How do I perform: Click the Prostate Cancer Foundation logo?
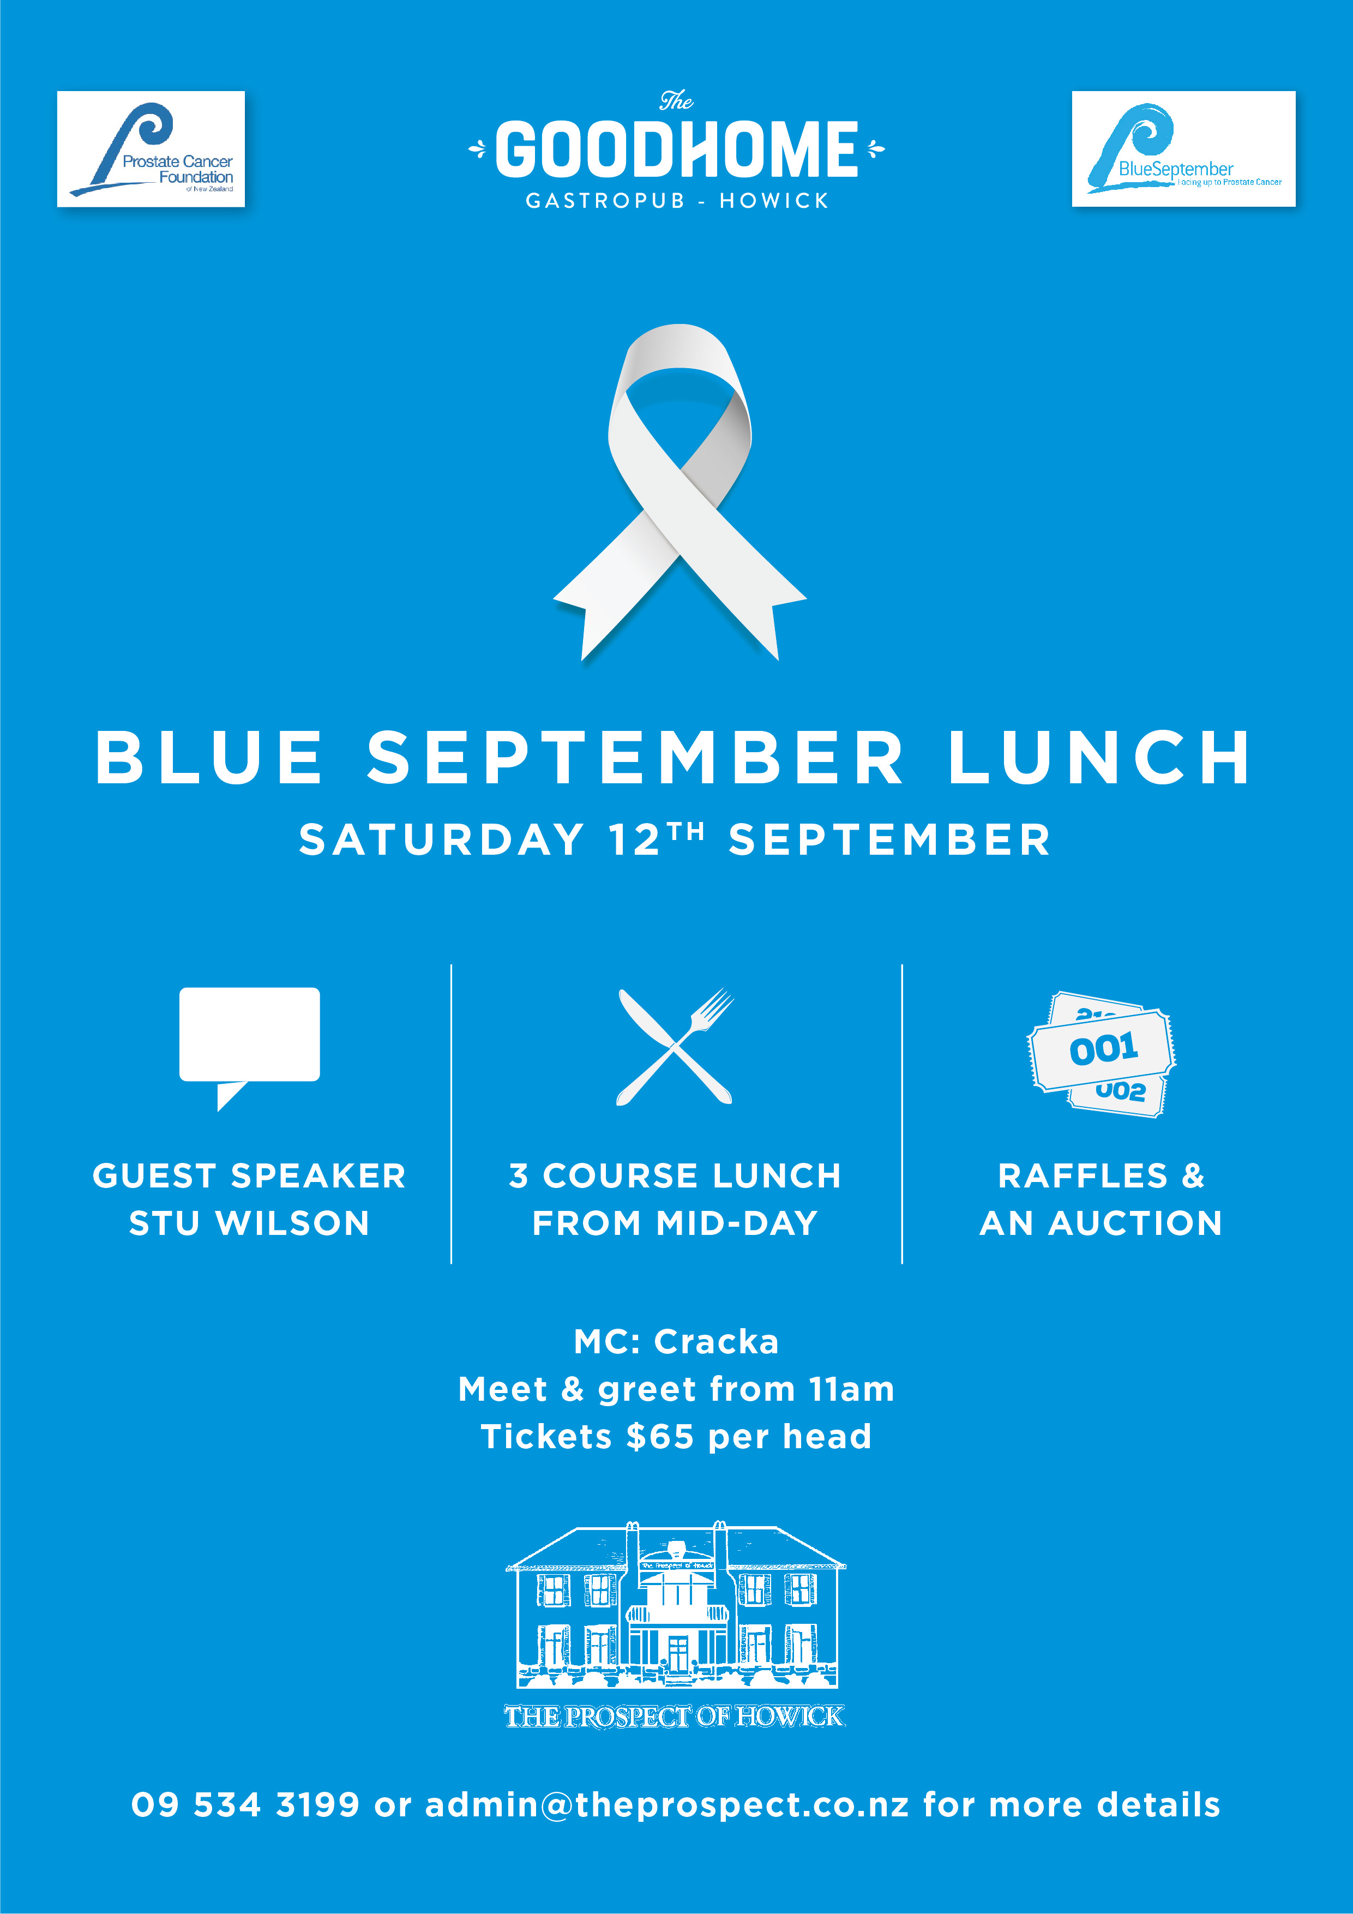click(x=151, y=148)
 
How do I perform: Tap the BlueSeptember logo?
click(x=1183, y=148)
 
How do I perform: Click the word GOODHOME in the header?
click(x=676, y=149)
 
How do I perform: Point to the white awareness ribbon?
click(x=679, y=492)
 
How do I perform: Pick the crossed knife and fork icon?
click(x=675, y=1047)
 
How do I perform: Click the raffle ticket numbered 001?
click(x=1102, y=1049)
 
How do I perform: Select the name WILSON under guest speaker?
click(x=293, y=1223)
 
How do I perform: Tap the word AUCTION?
click(x=1135, y=1223)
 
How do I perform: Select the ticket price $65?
click(x=660, y=1436)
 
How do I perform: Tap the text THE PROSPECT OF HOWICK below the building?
click(x=675, y=1715)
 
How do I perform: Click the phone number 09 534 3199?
click(x=246, y=1805)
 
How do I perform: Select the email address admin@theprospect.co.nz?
click(x=667, y=1805)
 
